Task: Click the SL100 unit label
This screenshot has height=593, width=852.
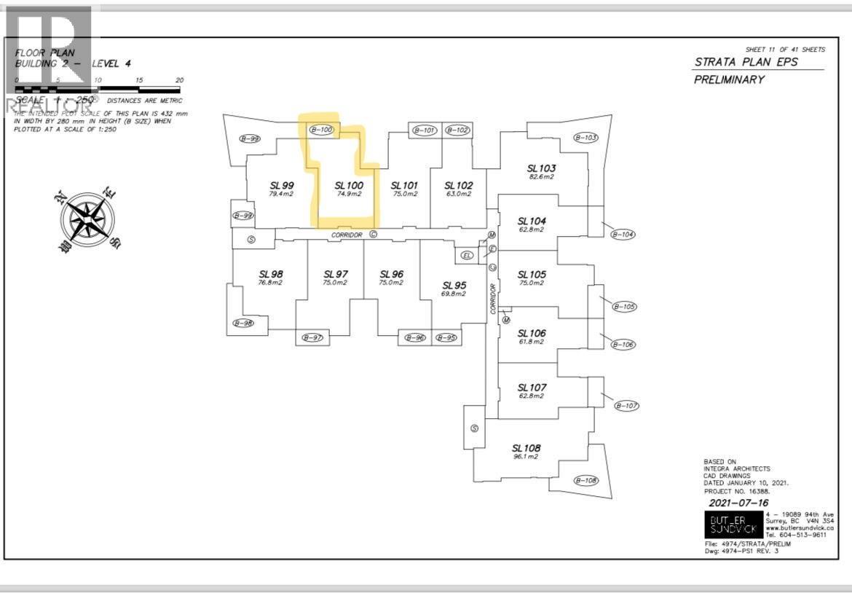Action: [349, 185]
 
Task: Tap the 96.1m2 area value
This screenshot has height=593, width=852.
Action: [525, 457]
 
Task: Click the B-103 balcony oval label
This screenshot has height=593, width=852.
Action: [585, 137]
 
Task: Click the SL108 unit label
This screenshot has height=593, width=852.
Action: [526, 447]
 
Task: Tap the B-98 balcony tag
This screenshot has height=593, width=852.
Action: [243, 323]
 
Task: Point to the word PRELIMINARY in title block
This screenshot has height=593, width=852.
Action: [729, 79]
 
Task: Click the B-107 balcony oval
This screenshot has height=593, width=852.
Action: [626, 405]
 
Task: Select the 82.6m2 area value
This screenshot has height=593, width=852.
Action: [541, 177]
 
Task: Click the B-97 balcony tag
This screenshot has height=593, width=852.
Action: [313, 338]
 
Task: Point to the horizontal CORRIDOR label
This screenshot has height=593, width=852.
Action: [347, 235]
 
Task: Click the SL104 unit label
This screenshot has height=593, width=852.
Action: [532, 221]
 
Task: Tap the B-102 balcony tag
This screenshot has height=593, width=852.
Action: [457, 130]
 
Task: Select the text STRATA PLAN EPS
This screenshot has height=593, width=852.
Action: [746, 61]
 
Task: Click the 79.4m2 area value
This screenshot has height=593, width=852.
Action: [280, 194]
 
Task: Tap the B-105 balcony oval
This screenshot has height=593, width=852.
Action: [625, 307]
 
